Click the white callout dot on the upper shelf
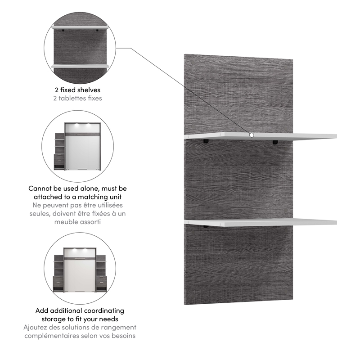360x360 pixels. click(251, 135)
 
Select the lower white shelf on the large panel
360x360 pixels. click(270, 222)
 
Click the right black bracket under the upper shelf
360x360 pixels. click(275, 142)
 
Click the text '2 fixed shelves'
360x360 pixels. click(78, 90)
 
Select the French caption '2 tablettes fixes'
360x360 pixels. click(78, 98)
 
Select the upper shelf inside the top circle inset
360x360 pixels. click(80, 27)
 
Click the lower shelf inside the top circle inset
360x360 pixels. click(80, 66)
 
